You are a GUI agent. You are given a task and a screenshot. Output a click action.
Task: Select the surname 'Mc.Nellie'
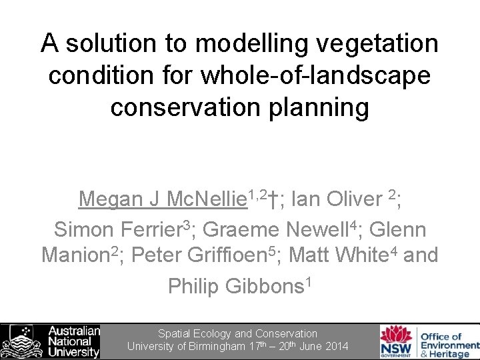point(205,199)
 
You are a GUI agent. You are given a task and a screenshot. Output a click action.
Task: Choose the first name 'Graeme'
point(241,229)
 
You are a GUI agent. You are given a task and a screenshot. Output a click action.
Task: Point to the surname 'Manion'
point(75,255)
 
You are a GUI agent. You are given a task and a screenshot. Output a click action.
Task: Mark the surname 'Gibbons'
point(263,286)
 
